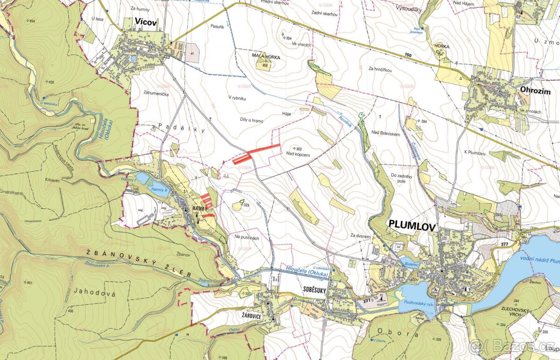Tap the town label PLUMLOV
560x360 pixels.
click(413, 226)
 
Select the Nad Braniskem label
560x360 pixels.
click(386, 134)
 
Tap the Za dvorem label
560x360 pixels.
click(361, 236)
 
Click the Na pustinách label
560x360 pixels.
click(247, 238)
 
